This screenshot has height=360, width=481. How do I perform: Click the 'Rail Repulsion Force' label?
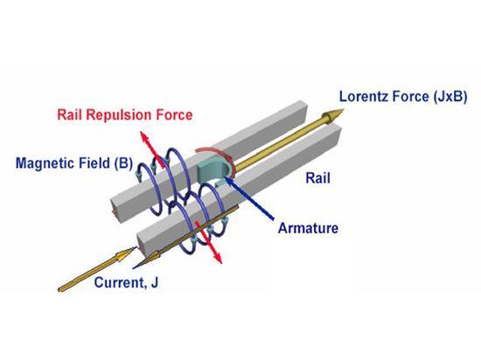125,115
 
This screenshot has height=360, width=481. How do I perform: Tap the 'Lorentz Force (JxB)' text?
403,96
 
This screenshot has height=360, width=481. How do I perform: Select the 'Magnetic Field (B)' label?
74,163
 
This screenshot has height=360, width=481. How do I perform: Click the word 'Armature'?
308,228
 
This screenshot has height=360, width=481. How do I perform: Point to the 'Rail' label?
317,178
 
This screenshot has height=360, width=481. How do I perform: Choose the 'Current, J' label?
126,282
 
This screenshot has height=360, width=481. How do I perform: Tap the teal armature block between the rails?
213,171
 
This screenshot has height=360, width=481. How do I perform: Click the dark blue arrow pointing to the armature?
249,198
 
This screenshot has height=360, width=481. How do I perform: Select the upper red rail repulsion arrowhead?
144,137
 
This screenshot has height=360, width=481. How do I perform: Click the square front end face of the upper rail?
118,208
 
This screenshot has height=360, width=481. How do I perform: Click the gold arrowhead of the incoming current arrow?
125,253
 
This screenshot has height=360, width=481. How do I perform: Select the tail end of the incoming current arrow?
60,289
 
